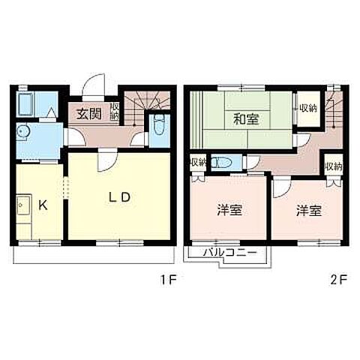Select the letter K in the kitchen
click(x=43, y=203)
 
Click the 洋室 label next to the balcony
click(x=229, y=210)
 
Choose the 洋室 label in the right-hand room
click(x=308, y=210)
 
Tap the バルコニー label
click(x=230, y=253)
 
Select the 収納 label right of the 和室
click(x=307, y=107)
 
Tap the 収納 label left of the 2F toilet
click(x=197, y=162)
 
